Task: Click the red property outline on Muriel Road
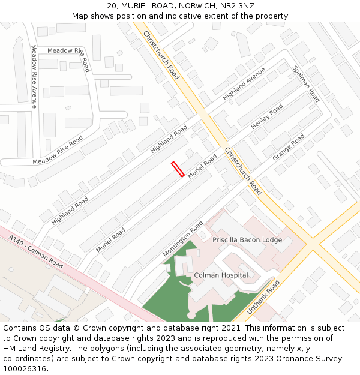(x=178, y=169)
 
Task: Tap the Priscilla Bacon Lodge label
(x=247, y=239)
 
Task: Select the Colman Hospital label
(x=221, y=275)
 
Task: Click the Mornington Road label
(x=183, y=239)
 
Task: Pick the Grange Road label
(x=289, y=148)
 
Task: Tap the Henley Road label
(x=267, y=116)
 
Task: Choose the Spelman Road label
(x=306, y=83)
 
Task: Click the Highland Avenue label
(x=244, y=83)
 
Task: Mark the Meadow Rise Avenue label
(x=34, y=76)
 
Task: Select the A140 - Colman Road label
(x=36, y=251)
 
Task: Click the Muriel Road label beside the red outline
(x=203, y=166)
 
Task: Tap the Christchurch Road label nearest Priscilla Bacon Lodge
(x=243, y=171)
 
